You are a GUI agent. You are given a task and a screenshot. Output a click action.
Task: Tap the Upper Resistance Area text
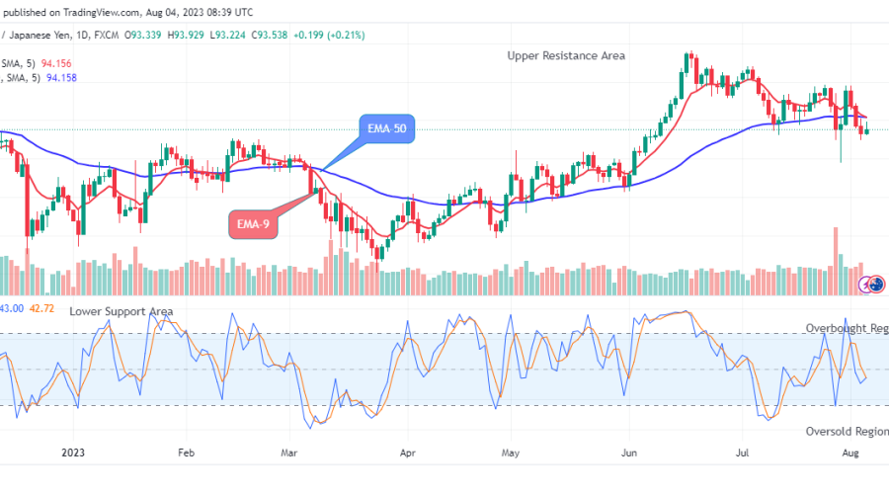[566, 55]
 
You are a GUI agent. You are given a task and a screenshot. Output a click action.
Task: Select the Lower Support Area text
[121, 311]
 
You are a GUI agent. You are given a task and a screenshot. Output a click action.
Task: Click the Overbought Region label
[847, 328]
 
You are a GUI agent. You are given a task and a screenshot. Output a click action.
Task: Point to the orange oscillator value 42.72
[41, 308]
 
